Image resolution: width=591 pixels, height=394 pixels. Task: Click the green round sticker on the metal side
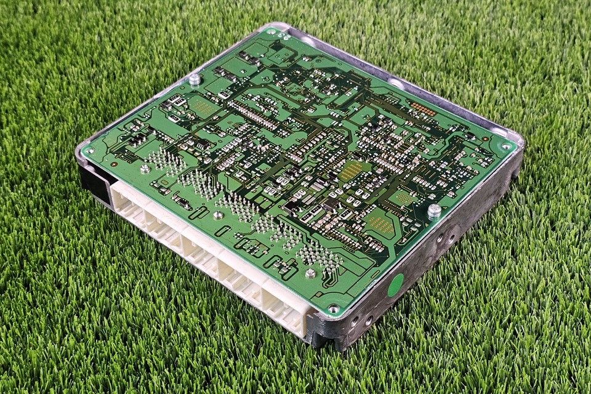[x=395, y=284]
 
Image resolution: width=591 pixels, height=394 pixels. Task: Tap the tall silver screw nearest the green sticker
[x=434, y=211]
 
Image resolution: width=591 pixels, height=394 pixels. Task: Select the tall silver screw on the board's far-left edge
[x=195, y=79]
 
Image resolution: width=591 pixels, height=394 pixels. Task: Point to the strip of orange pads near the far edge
[x=424, y=109]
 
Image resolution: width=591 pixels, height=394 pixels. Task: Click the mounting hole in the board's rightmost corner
[x=506, y=147]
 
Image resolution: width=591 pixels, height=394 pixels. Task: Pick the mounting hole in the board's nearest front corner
[x=333, y=308]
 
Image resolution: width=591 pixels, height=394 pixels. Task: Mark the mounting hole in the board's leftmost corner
[x=90, y=150]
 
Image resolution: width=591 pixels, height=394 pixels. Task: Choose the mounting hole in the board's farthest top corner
[x=270, y=31]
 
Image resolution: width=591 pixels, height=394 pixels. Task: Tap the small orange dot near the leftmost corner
[x=113, y=164]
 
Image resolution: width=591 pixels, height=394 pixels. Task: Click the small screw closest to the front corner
[x=311, y=273]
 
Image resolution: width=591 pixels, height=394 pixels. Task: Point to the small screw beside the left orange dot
[x=145, y=169]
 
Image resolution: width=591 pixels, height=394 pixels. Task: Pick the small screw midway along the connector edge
[x=218, y=215]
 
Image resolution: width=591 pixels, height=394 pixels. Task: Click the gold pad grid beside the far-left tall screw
[x=203, y=107]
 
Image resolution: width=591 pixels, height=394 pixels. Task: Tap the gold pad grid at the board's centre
[x=352, y=171]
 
